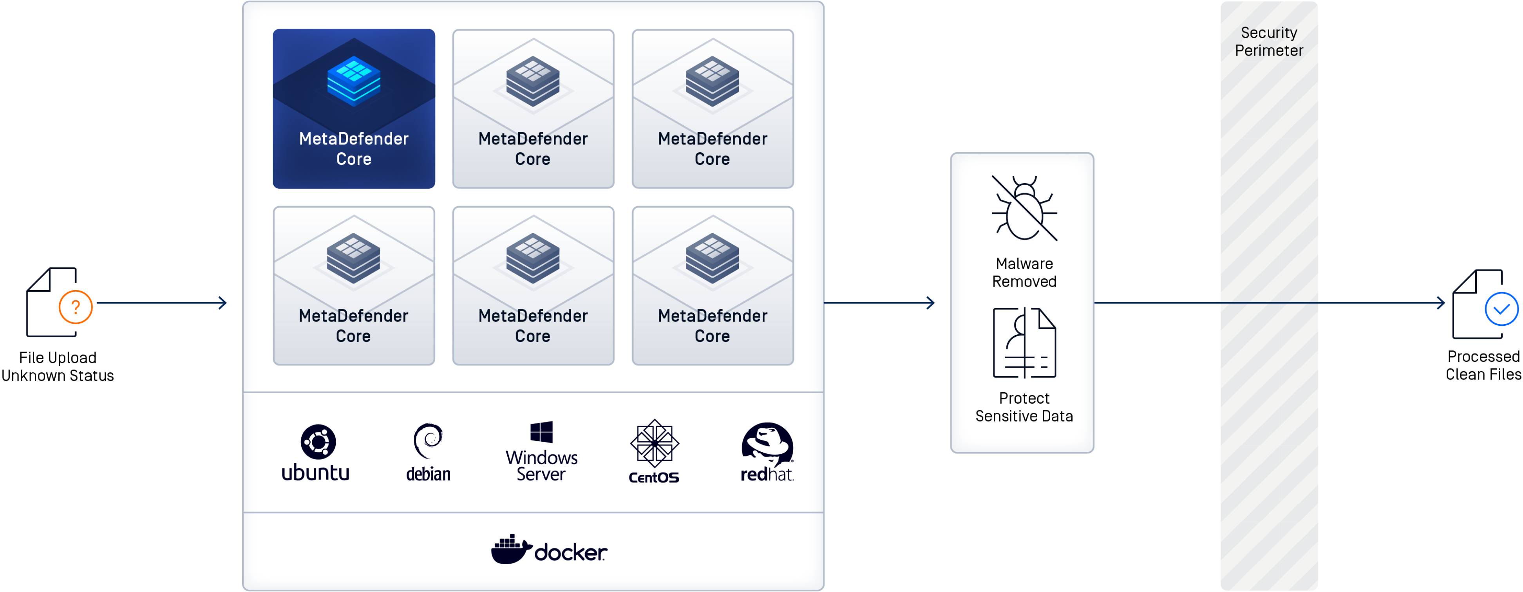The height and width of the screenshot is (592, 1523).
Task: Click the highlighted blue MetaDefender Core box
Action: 354,109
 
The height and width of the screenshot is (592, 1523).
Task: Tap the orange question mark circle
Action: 76,307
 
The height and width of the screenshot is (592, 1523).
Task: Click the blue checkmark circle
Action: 1501,309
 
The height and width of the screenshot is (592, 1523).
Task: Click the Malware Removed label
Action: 1024,273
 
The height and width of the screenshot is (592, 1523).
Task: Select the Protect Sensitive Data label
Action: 1024,407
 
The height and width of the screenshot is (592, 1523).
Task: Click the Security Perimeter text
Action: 1269,42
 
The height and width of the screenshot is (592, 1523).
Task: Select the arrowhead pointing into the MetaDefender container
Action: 223,303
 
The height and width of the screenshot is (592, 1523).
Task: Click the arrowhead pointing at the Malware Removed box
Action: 931,303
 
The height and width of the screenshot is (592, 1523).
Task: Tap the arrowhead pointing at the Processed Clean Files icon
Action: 1442,303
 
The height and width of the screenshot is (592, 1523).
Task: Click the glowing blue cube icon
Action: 354,81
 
